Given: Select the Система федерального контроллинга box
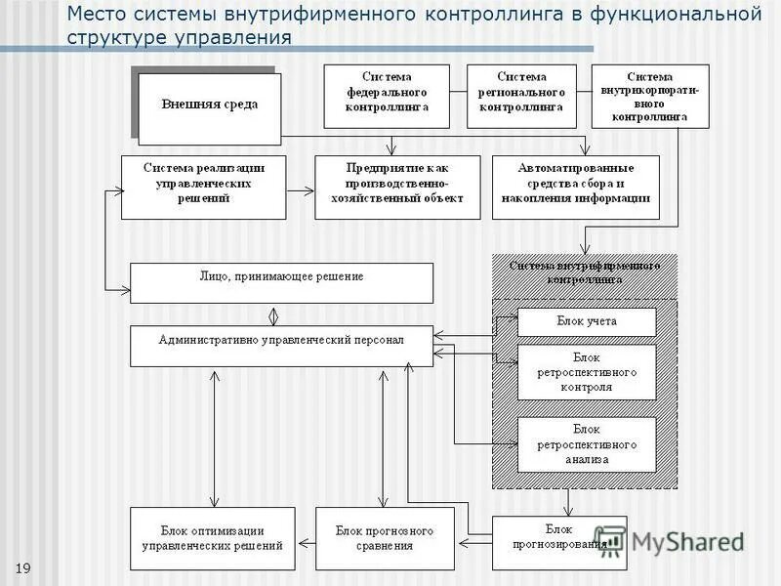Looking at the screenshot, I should (387, 97).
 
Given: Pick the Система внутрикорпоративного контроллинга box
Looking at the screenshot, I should (650, 96).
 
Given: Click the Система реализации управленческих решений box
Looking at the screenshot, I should (204, 187).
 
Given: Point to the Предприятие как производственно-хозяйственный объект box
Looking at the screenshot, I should (397, 187).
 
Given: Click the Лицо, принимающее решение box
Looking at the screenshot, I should (281, 282).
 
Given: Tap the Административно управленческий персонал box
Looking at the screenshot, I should (281, 346).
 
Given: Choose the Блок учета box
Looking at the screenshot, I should (587, 321).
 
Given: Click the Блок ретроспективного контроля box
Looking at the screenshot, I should (587, 371).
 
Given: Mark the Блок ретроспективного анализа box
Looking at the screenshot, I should (587, 444).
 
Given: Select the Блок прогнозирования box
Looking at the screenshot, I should (559, 542).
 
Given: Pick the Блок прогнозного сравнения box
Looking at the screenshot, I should (384, 539).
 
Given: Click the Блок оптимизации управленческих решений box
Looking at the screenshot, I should (212, 539).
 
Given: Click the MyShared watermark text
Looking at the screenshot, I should (688, 541).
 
